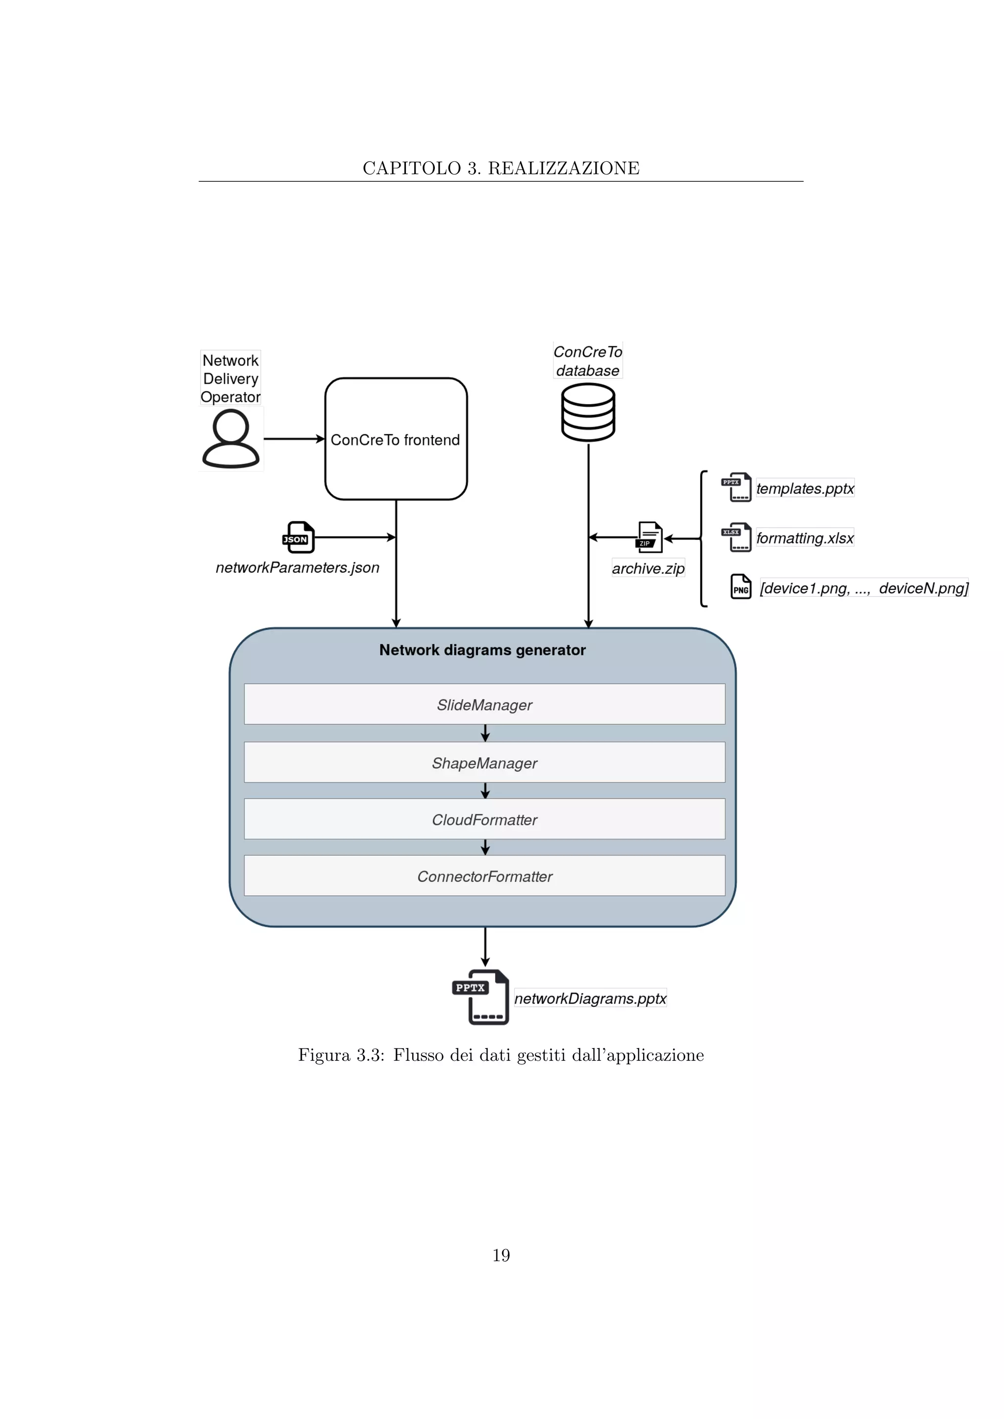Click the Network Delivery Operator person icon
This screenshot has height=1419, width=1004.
[230, 440]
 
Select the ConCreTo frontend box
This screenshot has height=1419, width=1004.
[396, 440]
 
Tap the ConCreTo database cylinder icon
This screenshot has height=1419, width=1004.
[588, 412]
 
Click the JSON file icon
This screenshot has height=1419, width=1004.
[299, 538]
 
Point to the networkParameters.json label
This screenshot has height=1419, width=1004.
[298, 567]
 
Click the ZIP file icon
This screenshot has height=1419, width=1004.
[649, 537]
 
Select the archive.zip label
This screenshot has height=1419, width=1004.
[648, 568]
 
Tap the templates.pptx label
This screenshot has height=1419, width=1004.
[804, 488]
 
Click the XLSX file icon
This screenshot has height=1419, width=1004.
[737, 538]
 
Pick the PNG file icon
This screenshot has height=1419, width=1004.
[741, 587]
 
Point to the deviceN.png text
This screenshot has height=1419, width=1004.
[923, 588]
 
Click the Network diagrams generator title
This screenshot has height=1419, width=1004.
[482, 650]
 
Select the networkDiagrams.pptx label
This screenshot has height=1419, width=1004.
[590, 999]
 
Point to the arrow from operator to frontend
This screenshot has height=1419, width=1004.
[294, 440]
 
